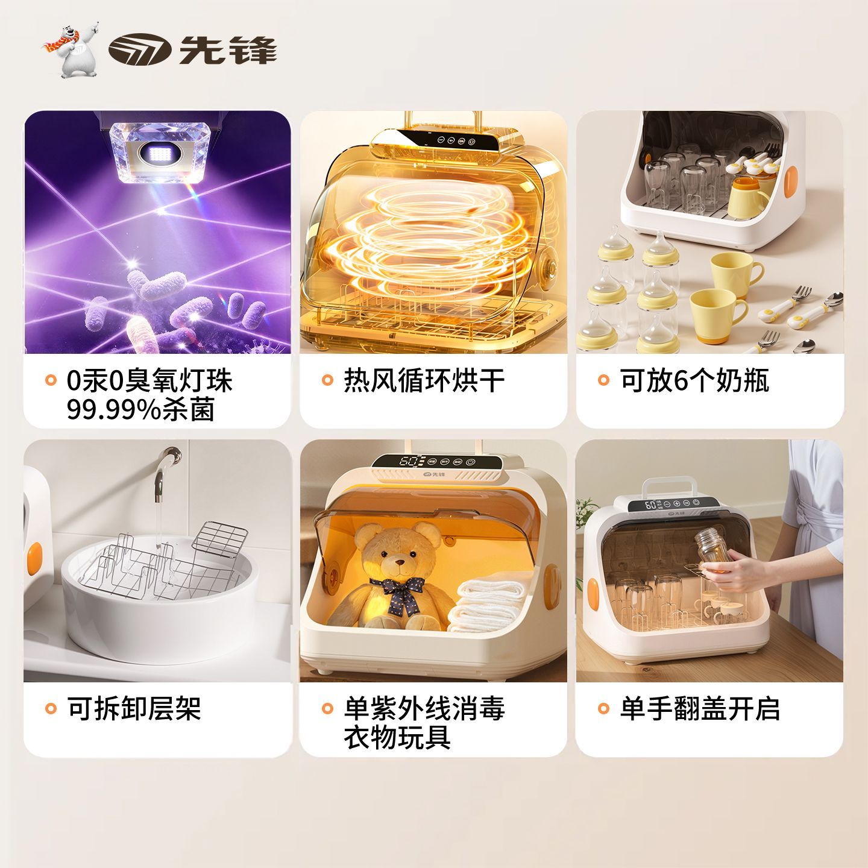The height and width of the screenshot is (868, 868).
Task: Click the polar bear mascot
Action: (x=72, y=52)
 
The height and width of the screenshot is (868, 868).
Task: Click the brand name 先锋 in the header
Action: (x=228, y=50)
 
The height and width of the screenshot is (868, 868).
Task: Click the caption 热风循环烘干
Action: (x=424, y=380)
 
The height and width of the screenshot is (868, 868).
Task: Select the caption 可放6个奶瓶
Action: (x=694, y=380)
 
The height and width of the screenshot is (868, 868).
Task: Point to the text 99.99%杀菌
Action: (x=140, y=410)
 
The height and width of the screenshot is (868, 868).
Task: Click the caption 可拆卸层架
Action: (x=134, y=708)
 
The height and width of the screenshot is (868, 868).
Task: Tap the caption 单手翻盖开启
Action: (x=700, y=708)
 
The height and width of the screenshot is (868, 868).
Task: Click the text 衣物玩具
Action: (x=397, y=738)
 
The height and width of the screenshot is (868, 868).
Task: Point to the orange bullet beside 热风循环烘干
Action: (x=327, y=380)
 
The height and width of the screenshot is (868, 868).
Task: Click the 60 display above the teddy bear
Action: (x=407, y=461)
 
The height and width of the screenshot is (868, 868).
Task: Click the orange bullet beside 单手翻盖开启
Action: (x=603, y=708)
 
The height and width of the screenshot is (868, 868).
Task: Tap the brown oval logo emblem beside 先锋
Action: (x=140, y=49)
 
